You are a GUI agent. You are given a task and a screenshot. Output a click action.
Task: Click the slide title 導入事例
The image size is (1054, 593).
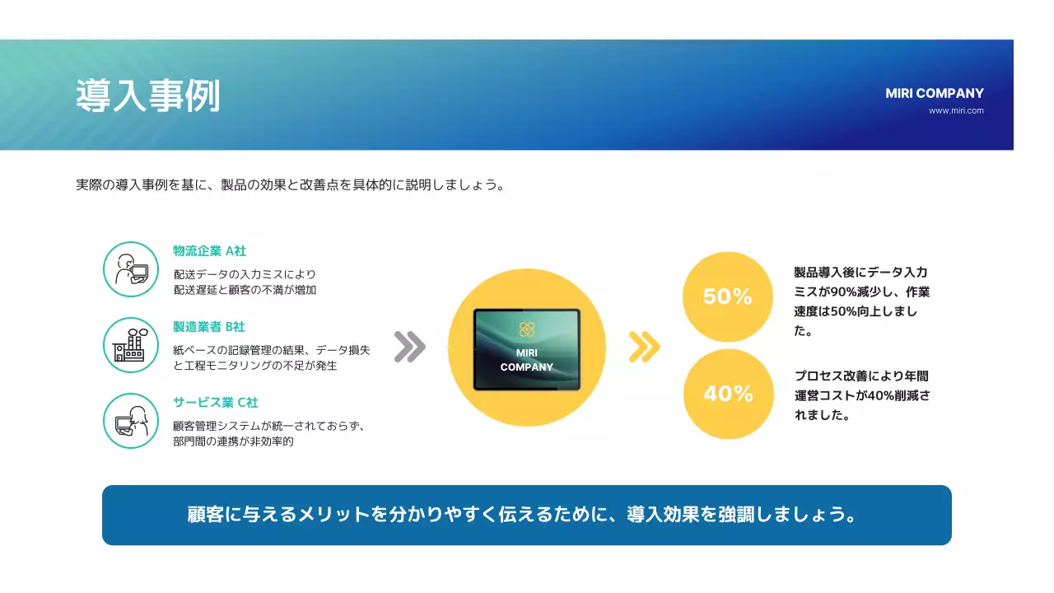(148, 96)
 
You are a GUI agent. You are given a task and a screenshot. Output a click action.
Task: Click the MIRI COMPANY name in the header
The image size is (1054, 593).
(934, 93)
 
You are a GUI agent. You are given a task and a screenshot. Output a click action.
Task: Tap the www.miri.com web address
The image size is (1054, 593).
(955, 110)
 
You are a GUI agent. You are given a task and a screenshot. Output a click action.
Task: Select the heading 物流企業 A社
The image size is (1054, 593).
(209, 251)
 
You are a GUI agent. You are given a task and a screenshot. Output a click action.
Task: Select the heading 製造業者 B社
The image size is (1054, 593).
(209, 327)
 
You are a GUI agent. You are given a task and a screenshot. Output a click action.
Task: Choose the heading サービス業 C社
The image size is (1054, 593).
(216, 403)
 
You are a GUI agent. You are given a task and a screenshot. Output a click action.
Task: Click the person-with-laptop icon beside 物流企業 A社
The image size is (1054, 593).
(131, 269)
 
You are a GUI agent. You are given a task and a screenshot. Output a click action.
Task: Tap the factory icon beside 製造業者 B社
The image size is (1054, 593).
(131, 345)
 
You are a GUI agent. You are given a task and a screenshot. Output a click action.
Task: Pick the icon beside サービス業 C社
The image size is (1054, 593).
(131, 421)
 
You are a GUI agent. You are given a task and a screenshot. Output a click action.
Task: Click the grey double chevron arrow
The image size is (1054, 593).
(409, 347)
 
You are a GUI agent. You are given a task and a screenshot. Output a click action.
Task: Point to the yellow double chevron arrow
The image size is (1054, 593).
(644, 347)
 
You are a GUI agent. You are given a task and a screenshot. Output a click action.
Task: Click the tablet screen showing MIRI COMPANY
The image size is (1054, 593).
(527, 350)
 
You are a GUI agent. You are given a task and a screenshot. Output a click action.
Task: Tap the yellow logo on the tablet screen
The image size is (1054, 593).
(527, 329)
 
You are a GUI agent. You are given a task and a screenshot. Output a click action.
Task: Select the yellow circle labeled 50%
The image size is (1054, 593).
(728, 296)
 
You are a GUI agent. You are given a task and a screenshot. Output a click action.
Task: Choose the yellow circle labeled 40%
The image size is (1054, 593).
(728, 394)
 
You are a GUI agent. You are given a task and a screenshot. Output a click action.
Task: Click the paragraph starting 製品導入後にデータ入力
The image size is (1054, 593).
(861, 301)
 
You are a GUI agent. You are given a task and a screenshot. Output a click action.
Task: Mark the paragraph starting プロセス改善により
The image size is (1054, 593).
(861, 395)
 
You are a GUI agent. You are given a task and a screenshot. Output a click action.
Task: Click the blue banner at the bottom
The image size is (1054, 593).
(527, 515)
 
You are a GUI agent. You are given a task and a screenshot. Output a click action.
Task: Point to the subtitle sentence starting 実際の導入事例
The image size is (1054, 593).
(290, 184)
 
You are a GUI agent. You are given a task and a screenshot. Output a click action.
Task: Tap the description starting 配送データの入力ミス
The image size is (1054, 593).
(245, 282)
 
